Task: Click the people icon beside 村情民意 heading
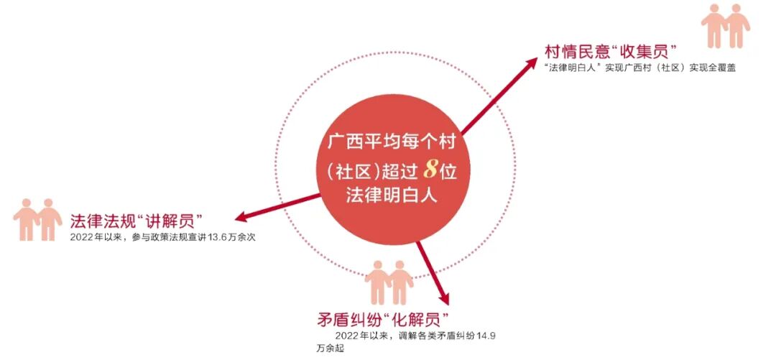click(725, 26)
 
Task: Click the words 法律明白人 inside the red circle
click(392, 196)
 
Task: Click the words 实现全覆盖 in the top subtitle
click(712, 68)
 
